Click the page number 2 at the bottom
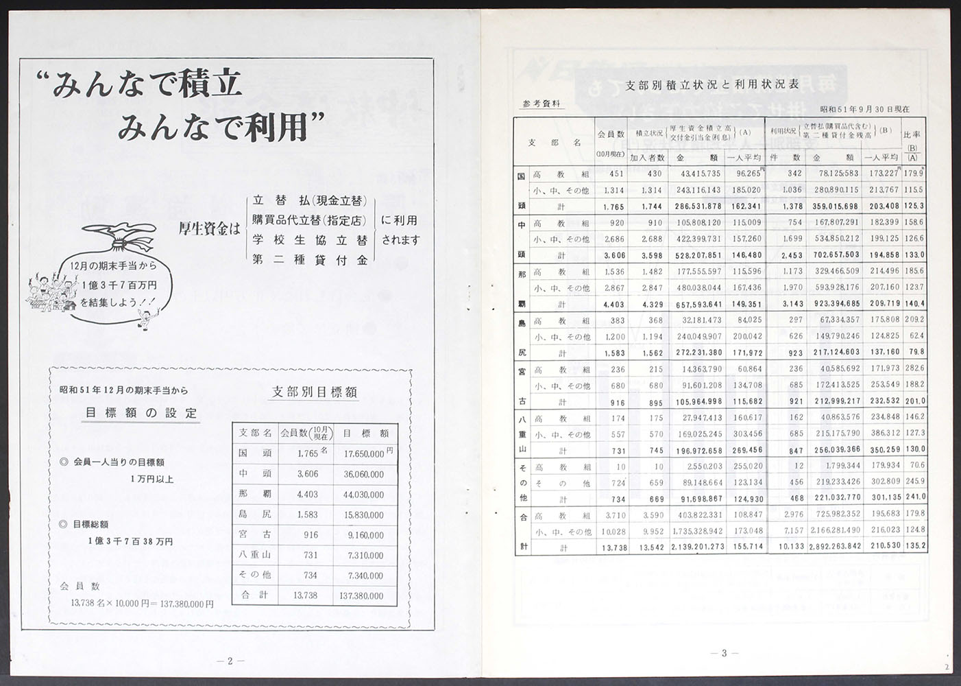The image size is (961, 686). [x=230, y=661]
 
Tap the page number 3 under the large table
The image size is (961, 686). [x=724, y=653]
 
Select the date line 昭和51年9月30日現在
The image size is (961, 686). [x=864, y=109]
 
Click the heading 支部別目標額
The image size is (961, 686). [x=315, y=392]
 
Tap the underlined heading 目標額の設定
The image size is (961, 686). [x=141, y=413]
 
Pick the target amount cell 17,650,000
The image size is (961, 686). [x=364, y=454]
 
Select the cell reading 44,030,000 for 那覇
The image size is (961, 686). [x=364, y=495]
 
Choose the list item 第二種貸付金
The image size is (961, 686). [x=310, y=260]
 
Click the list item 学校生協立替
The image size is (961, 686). [x=310, y=240]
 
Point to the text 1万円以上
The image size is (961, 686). [x=151, y=479]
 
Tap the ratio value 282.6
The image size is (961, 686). [x=914, y=369]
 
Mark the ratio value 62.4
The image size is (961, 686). [x=916, y=336]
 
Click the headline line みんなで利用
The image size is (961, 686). [x=221, y=127]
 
